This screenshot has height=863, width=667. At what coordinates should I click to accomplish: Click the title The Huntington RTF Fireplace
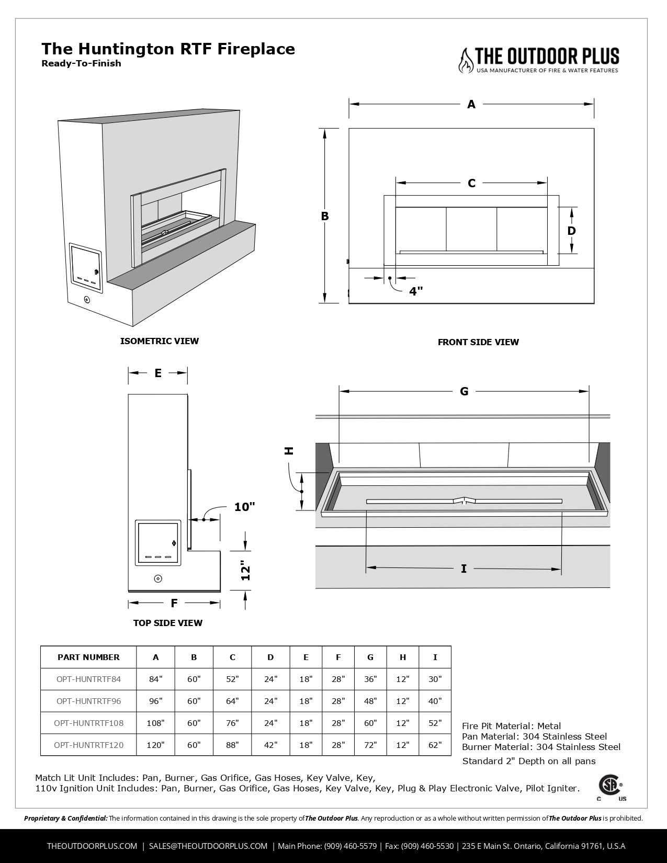[x=168, y=49]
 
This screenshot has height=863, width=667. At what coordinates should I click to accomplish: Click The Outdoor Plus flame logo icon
[x=465, y=60]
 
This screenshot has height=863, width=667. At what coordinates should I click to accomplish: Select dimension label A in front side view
[x=471, y=104]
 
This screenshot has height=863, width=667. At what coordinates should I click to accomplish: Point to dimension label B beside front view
[x=325, y=216]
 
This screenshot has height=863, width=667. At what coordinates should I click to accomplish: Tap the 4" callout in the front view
[x=416, y=291]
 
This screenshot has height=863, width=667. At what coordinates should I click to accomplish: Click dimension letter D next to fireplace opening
[x=571, y=231]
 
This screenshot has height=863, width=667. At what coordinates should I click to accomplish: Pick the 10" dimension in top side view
[x=244, y=507]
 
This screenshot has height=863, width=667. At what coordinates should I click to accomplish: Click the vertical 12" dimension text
[x=246, y=571]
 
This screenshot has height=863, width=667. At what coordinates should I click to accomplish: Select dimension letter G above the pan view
[x=464, y=391]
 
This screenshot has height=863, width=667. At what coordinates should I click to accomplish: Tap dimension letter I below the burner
[x=463, y=569]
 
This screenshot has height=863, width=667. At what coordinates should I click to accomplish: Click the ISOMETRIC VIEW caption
[x=160, y=341]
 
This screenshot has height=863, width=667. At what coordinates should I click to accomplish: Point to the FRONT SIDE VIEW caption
[x=478, y=342]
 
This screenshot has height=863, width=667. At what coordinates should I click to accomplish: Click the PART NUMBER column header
[x=88, y=657]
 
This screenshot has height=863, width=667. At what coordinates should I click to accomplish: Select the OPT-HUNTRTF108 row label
[x=88, y=723]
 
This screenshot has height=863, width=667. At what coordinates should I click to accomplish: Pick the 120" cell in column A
[x=155, y=745]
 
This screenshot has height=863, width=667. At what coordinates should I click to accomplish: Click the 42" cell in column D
[x=270, y=745]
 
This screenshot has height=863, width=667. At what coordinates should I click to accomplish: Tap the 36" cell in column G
[x=370, y=679]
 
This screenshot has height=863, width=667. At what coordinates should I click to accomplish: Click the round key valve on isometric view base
[x=87, y=300]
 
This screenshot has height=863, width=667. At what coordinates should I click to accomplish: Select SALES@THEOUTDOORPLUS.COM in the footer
[x=208, y=846]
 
